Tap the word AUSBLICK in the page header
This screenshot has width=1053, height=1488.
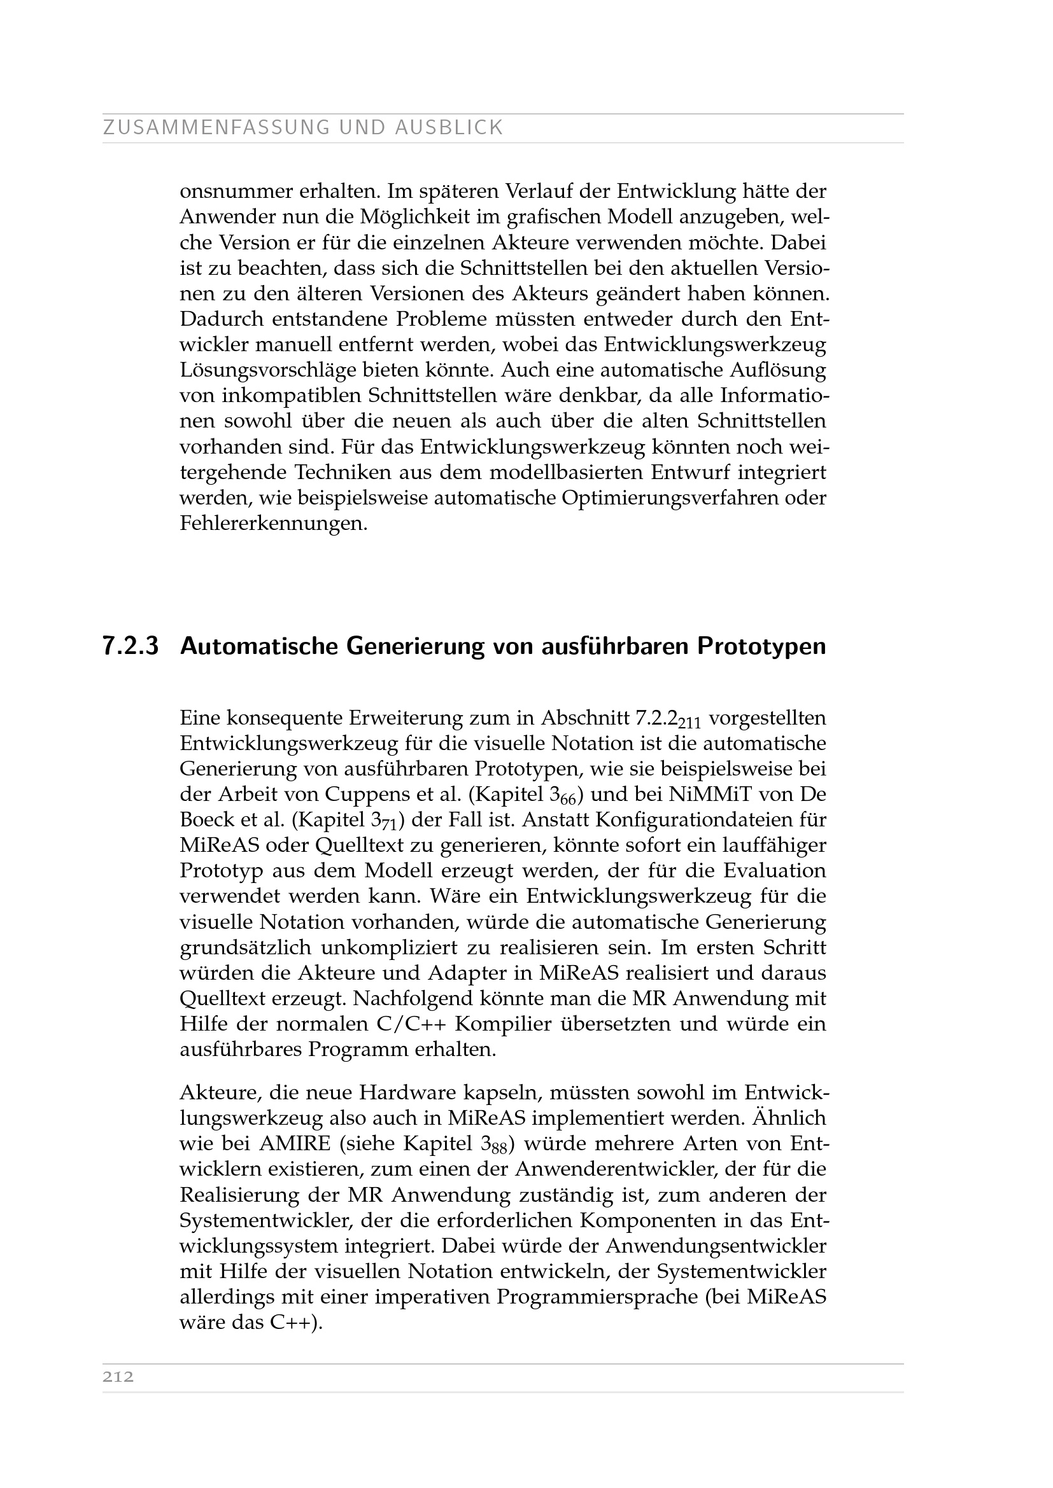449,128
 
